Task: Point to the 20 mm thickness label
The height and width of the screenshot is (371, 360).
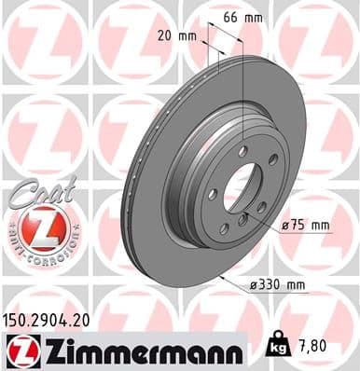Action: click(177, 36)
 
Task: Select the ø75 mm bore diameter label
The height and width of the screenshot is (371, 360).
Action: click(308, 225)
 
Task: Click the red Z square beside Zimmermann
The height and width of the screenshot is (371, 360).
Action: click(20, 351)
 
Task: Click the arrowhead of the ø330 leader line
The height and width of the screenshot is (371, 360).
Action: click(219, 276)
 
